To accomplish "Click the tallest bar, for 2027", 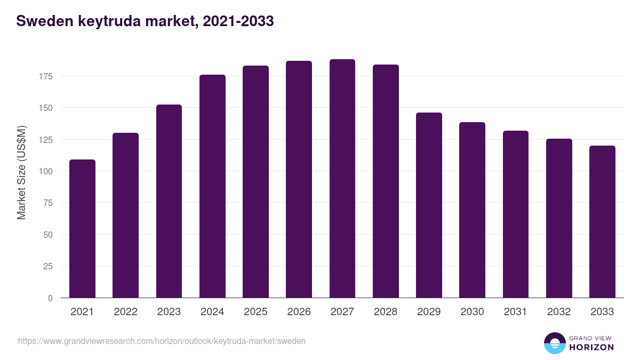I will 342,179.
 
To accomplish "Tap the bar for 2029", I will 429,205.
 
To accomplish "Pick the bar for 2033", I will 602,222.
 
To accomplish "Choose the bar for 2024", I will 212,186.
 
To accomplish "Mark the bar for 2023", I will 169,201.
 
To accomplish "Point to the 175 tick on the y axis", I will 46,76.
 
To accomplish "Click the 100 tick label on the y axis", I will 46,171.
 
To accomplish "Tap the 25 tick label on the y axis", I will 48,266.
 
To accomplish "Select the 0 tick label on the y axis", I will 50,298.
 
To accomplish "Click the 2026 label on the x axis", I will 299,312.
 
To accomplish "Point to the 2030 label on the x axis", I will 472,312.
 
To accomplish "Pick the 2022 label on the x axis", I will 125,312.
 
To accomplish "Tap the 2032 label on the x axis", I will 559,312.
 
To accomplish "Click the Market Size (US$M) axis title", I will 21,172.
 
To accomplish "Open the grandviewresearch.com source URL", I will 162,341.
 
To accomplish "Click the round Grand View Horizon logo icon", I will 554,343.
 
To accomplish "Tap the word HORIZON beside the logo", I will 591,347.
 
